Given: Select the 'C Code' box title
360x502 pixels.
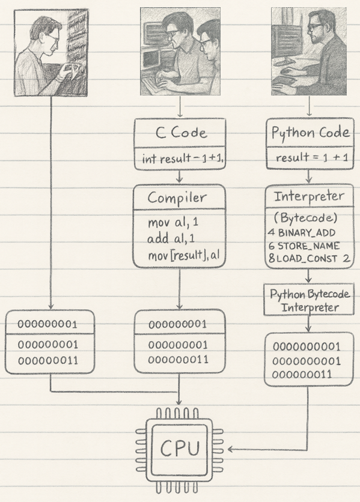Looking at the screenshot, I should tap(181, 133).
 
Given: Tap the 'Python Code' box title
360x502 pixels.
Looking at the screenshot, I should tap(310, 133).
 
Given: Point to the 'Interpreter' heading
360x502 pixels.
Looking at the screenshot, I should tap(309, 196).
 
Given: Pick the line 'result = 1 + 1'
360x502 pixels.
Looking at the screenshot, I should tap(309, 159).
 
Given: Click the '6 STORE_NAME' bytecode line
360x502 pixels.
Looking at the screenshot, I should tap(304, 246).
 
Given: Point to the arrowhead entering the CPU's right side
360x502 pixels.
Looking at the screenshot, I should tap(231, 449).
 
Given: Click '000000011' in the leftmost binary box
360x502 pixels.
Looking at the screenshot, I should tap(47, 361).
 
